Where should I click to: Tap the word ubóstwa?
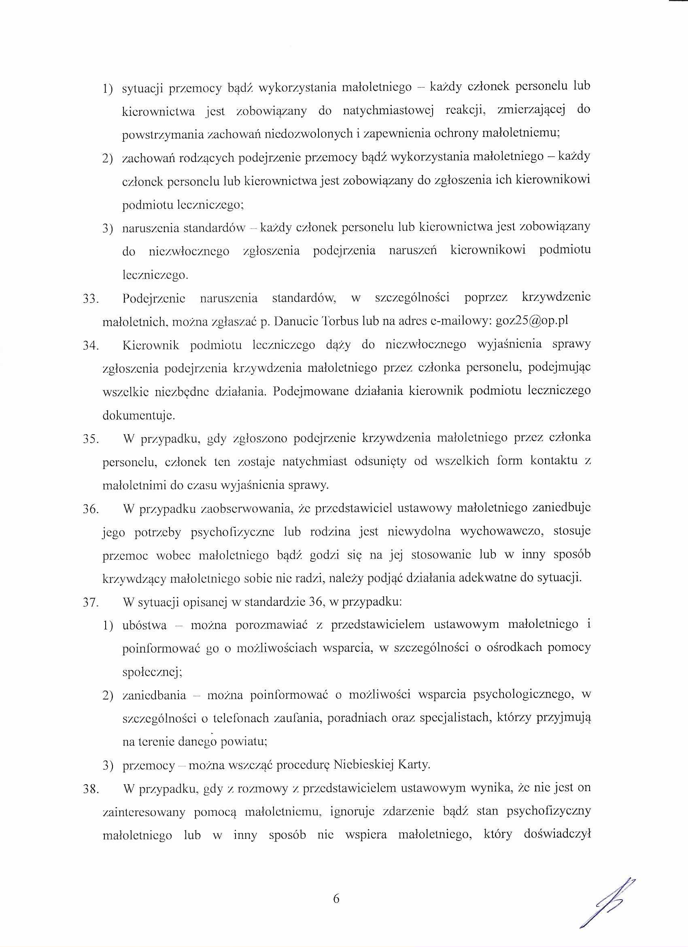145,625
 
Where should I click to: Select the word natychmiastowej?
389,111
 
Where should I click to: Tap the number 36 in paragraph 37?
314,603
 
